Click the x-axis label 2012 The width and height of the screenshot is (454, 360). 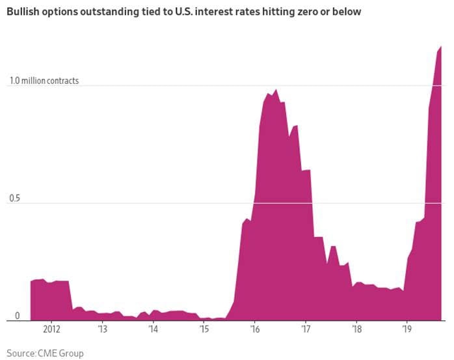51,329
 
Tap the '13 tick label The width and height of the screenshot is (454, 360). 102,329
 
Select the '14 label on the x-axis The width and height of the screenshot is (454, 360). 153,329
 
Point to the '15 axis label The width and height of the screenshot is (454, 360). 204,329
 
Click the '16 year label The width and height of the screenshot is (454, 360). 254,329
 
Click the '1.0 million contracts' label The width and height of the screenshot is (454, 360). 44,81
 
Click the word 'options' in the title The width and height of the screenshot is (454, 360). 62,12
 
